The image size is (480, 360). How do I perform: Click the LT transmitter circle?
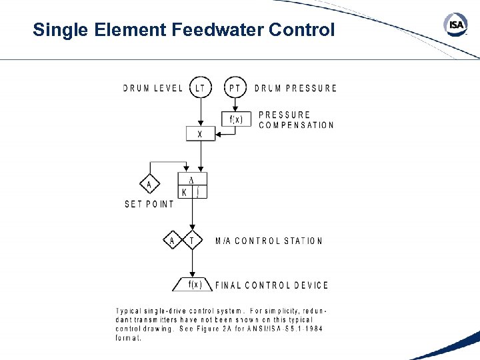click(x=200, y=87)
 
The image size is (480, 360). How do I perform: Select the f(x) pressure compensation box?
click(x=237, y=119)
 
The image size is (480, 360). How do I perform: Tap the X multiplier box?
click(x=200, y=134)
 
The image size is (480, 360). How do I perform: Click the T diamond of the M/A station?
click(x=192, y=241)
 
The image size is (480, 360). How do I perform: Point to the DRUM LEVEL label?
click(x=153, y=88)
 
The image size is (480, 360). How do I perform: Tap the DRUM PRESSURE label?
click(x=295, y=88)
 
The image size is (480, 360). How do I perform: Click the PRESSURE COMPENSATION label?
click(x=296, y=120)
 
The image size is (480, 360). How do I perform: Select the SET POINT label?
click(x=149, y=204)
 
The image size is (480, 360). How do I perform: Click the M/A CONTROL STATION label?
click(x=269, y=241)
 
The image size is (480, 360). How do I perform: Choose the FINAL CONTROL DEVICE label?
click(x=272, y=285)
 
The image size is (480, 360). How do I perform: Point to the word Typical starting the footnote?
click(x=129, y=311)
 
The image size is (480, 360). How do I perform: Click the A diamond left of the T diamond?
click(x=172, y=241)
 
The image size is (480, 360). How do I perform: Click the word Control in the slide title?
click(x=301, y=30)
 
